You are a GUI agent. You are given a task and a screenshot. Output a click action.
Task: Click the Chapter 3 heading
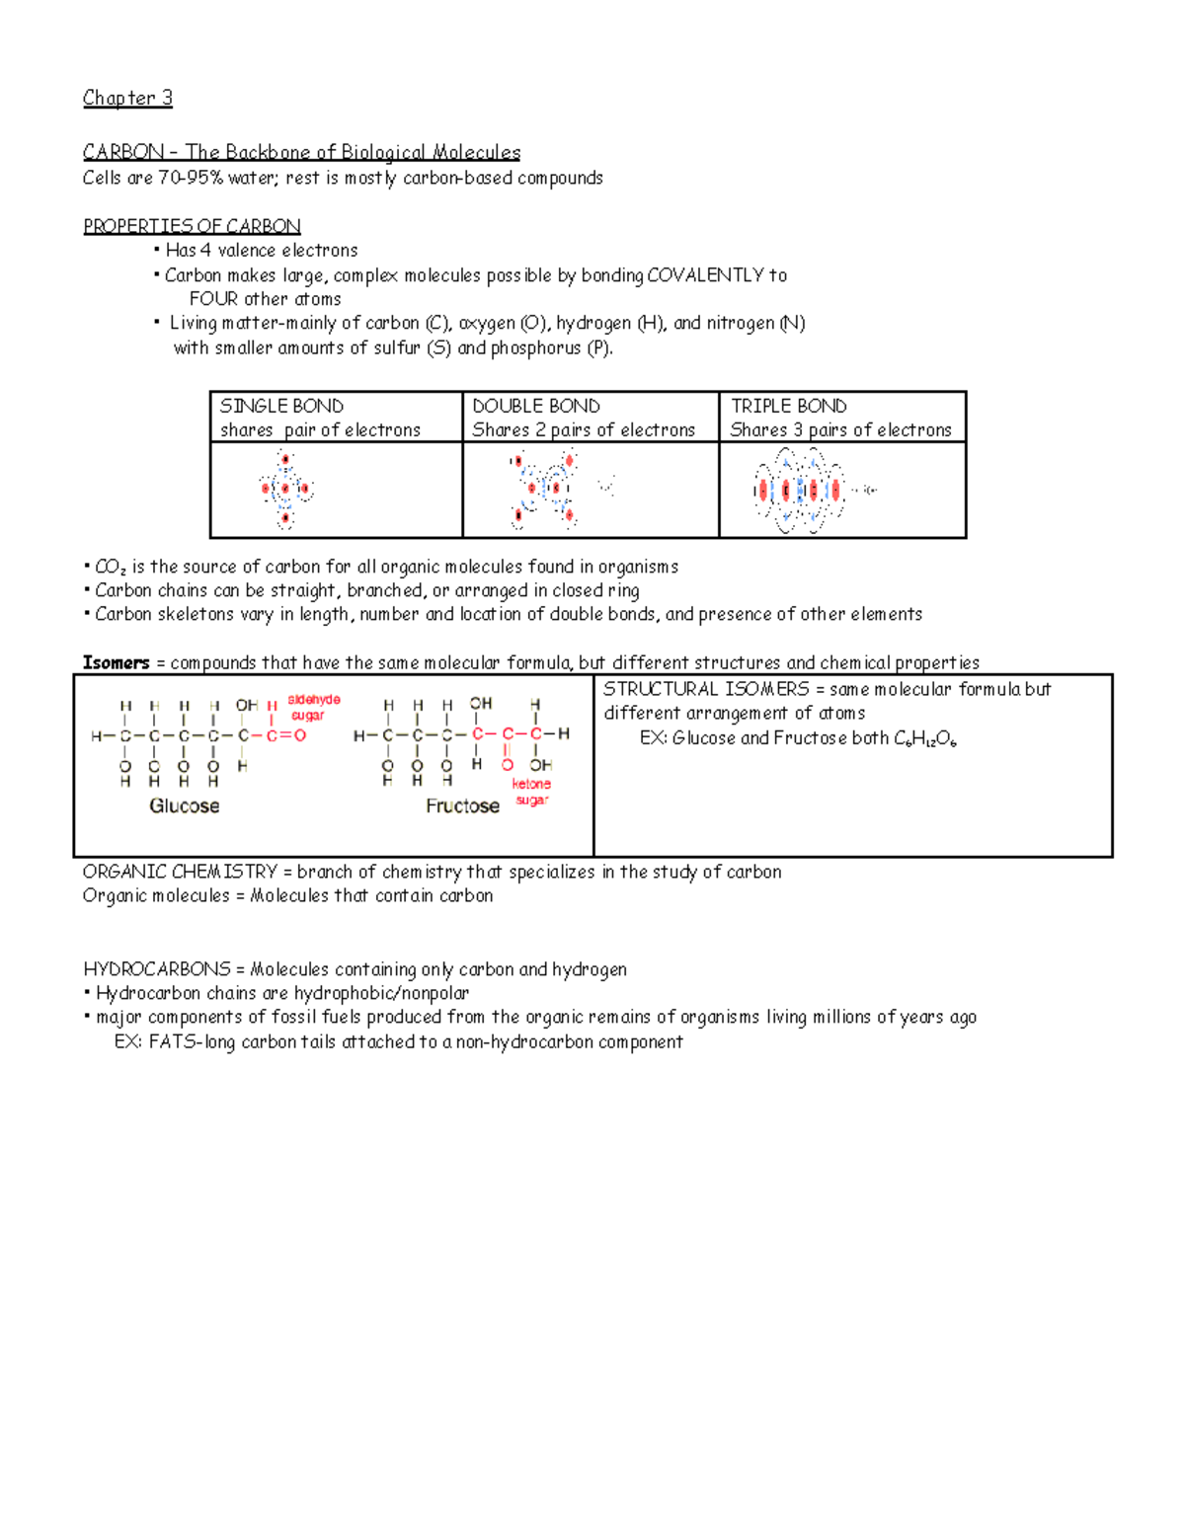tap(127, 98)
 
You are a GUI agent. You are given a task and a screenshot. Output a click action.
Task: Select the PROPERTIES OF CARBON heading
tap(192, 226)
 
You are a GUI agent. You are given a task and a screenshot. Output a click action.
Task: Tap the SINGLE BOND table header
tap(281, 406)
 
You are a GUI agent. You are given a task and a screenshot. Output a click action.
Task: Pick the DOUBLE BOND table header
tap(536, 406)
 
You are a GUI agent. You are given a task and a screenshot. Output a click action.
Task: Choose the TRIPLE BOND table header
tap(788, 406)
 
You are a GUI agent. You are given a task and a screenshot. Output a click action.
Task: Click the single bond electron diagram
tap(285, 490)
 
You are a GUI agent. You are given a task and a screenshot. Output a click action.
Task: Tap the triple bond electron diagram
tap(800, 490)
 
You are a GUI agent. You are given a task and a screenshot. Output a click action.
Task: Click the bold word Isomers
tap(116, 662)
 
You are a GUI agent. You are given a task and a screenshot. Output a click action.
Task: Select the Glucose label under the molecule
tap(185, 805)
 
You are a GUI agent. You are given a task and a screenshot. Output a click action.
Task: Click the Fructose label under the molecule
tap(462, 805)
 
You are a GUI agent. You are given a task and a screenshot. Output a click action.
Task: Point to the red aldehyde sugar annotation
tap(313, 707)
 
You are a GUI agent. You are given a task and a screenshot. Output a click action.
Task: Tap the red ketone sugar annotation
tap(531, 792)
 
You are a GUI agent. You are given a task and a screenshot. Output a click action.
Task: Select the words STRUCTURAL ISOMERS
tap(706, 689)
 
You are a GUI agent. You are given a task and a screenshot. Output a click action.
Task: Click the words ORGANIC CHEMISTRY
tap(180, 872)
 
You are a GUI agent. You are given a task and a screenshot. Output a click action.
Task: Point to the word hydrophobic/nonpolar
tap(381, 993)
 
